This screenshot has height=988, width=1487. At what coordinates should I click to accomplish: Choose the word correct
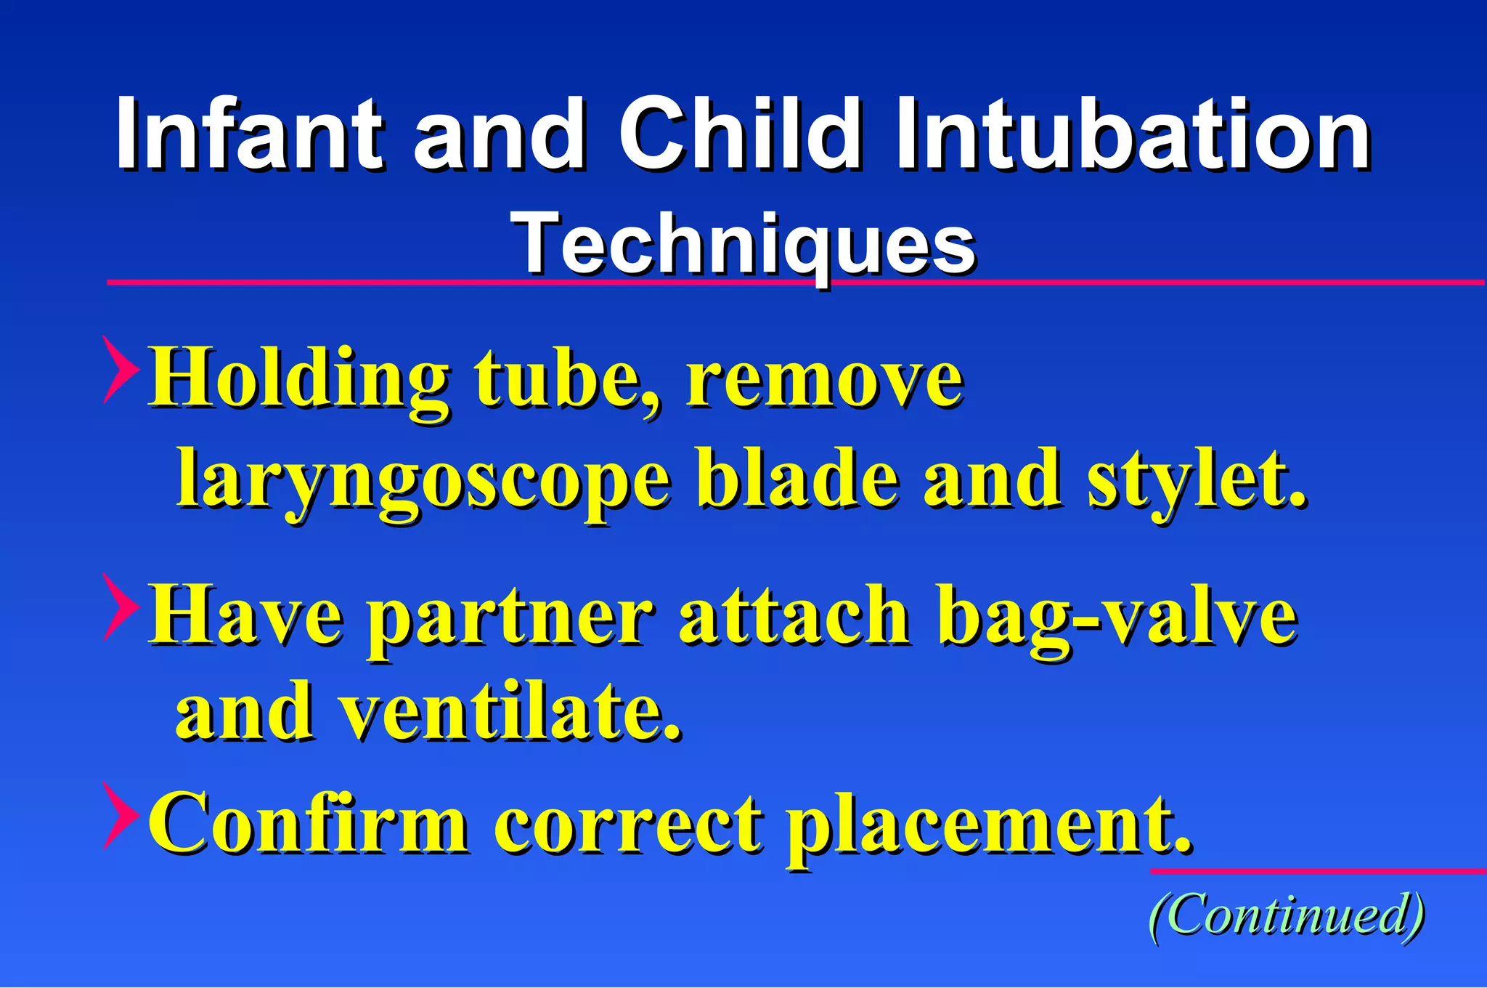tap(628, 825)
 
